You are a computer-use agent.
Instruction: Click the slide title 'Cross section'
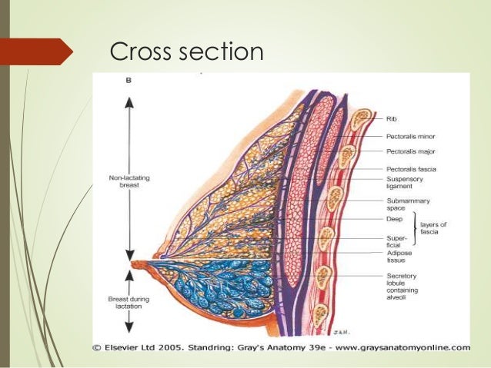tap(187, 51)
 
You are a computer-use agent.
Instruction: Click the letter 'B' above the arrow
tap(129, 79)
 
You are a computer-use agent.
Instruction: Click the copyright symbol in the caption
tap(98, 346)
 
